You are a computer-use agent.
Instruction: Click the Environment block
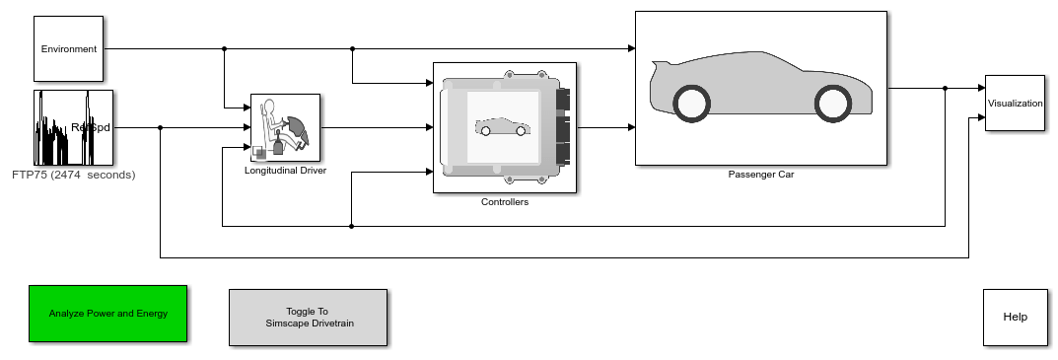pos(68,48)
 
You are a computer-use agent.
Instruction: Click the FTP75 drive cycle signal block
pos(73,127)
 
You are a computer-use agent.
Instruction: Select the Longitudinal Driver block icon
pos(285,127)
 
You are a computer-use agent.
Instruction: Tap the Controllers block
pos(504,127)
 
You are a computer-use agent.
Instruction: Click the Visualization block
pos(1015,103)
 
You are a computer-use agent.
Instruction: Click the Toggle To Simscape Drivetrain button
pos(308,318)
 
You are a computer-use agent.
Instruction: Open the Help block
pos(1015,317)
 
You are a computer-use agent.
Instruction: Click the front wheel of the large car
pos(833,103)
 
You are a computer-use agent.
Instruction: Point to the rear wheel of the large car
pos(691,103)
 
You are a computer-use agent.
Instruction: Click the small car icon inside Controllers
pos(502,127)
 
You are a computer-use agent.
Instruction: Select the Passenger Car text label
pos(760,175)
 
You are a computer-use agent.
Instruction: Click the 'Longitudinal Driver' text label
pos(285,170)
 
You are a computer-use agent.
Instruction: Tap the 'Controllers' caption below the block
pos(504,202)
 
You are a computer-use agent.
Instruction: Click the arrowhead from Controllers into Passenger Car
pos(630,127)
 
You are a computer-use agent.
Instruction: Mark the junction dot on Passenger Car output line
pos(945,88)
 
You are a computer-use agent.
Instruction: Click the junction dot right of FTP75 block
pos(160,127)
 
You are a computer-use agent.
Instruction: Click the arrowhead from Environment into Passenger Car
pos(630,47)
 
